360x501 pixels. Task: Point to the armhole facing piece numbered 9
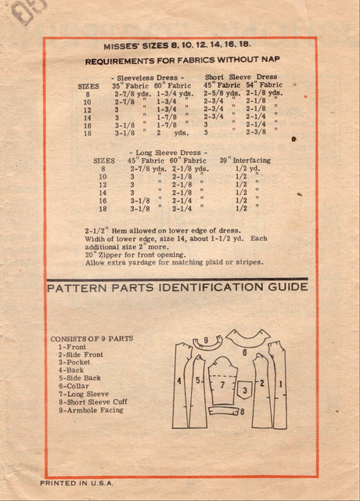207,343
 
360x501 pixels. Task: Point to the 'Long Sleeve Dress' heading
158,151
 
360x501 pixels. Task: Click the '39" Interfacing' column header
244,160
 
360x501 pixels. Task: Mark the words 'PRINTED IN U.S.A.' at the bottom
77,484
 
